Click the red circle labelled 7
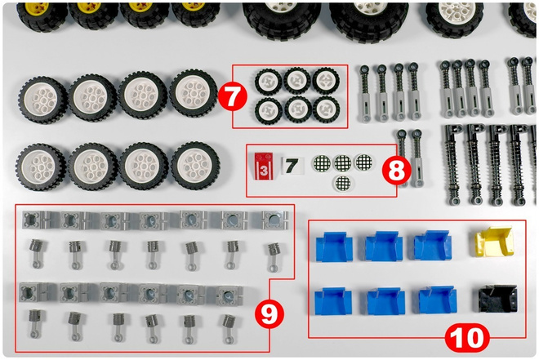233,96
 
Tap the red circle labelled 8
397,171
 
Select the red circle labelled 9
269,313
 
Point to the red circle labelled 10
467,338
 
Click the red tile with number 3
264,167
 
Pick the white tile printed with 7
292,166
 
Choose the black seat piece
497,298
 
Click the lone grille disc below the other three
343,183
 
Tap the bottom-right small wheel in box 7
326,109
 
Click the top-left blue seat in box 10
334,247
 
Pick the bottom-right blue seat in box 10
438,300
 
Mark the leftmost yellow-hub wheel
42,16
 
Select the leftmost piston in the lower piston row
34,323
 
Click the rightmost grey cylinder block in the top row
274,220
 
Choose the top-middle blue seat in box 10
383,246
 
